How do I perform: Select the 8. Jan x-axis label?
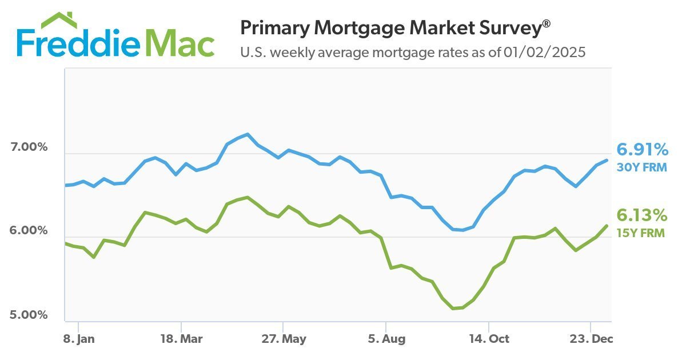79,339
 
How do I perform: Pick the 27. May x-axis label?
284,339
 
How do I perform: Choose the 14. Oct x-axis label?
489,339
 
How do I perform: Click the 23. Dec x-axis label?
592,339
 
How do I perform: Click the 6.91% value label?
642,150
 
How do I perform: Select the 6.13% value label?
641,215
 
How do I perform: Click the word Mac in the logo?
182,43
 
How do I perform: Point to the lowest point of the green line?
454,309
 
